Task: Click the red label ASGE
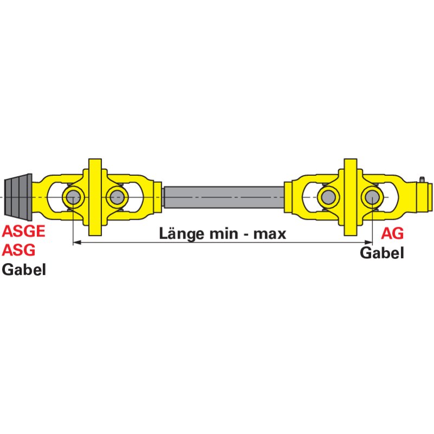point(23,231)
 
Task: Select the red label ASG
point(18,250)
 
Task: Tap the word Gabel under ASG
point(24,270)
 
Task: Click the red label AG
point(392,233)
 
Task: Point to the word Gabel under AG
point(382,253)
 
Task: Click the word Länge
point(182,234)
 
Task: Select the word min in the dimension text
point(224,234)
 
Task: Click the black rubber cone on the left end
point(18,197)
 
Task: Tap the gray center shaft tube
point(224,197)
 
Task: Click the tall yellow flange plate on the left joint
point(95,197)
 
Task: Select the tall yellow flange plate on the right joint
point(350,197)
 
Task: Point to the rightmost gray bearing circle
point(372,197)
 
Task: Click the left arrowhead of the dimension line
point(76,242)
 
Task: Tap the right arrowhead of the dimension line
point(368,242)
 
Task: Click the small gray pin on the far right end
point(422,180)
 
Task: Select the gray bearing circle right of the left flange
point(117,197)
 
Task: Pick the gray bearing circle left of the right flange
point(329,197)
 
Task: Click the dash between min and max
point(246,235)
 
